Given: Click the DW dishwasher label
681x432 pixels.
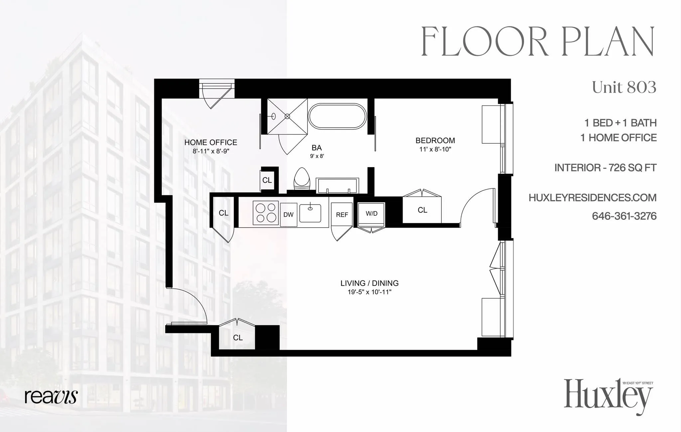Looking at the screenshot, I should click(288, 215).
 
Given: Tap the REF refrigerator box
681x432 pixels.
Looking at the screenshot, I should click(342, 215).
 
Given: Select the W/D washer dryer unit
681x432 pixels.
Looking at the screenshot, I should click(371, 214).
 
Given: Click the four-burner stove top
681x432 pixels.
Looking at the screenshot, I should click(266, 213).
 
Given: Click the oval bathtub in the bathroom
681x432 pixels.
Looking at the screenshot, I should click(337, 116).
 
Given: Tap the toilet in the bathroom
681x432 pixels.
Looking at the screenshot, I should click(302, 179).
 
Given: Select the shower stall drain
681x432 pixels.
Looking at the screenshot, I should click(287, 116).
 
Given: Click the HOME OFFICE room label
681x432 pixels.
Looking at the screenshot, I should click(210, 143).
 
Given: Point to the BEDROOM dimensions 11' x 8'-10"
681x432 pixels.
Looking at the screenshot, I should click(435, 150).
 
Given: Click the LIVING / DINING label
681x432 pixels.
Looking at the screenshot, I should click(369, 283).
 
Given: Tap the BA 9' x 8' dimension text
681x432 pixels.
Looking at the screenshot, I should click(317, 156).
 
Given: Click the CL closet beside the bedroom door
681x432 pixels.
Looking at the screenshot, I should click(422, 210).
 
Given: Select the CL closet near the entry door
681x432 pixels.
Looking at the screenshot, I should click(237, 338).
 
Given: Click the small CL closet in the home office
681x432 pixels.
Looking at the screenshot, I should click(267, 180).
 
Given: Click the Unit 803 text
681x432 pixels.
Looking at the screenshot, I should click(624, 87).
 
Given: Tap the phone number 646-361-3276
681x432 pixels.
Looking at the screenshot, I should click(624, 216).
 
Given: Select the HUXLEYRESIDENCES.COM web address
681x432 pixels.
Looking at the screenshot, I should click(593, 198).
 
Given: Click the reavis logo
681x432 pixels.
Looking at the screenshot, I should click(51, 396).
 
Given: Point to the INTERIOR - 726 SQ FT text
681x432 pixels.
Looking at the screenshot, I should click(605, 168).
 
